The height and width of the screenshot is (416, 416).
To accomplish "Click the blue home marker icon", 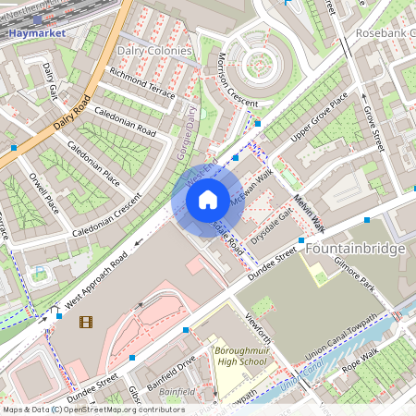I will (x=208, y=199).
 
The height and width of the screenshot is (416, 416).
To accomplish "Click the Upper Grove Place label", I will (x=320, y=117).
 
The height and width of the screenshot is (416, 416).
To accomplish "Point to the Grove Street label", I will (x=373, y=128).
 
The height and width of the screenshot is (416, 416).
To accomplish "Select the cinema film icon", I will (x=86, y=322).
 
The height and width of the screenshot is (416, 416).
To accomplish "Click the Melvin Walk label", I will (x=310, y=214).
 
